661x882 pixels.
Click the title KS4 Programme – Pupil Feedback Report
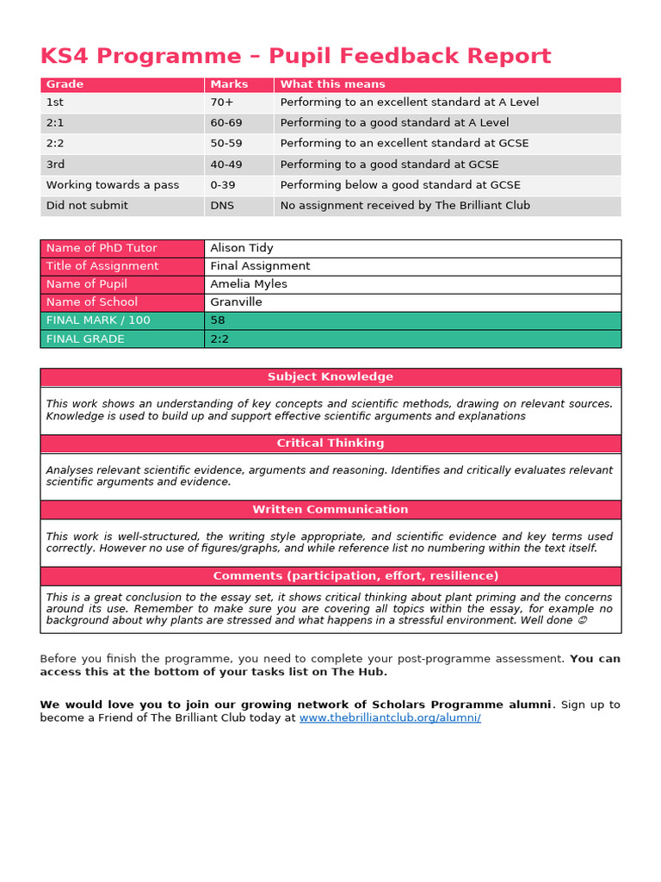coord(295,57)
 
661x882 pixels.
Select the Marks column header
coord(229,84)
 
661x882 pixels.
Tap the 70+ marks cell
coord(223,102)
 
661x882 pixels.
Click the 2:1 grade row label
coord(55,122)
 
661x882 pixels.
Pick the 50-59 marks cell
coord(226,143)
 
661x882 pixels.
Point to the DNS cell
coord(222,205)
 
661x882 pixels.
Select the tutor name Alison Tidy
coord(242,248)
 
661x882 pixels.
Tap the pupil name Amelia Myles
coord(249,284)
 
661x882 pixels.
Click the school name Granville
coord(236,302)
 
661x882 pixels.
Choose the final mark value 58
coord(218,320)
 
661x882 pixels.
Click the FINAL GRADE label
coord(85,339)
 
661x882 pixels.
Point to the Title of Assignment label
coord(102,266)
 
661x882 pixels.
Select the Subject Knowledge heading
coord(330,377)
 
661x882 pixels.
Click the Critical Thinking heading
coord(330,444)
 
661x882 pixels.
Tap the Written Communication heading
coord(330,510)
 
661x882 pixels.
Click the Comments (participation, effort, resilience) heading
coord(330,576)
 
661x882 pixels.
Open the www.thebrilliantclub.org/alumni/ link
coord(390,717)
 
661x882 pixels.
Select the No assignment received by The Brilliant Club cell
coord(405,205)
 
